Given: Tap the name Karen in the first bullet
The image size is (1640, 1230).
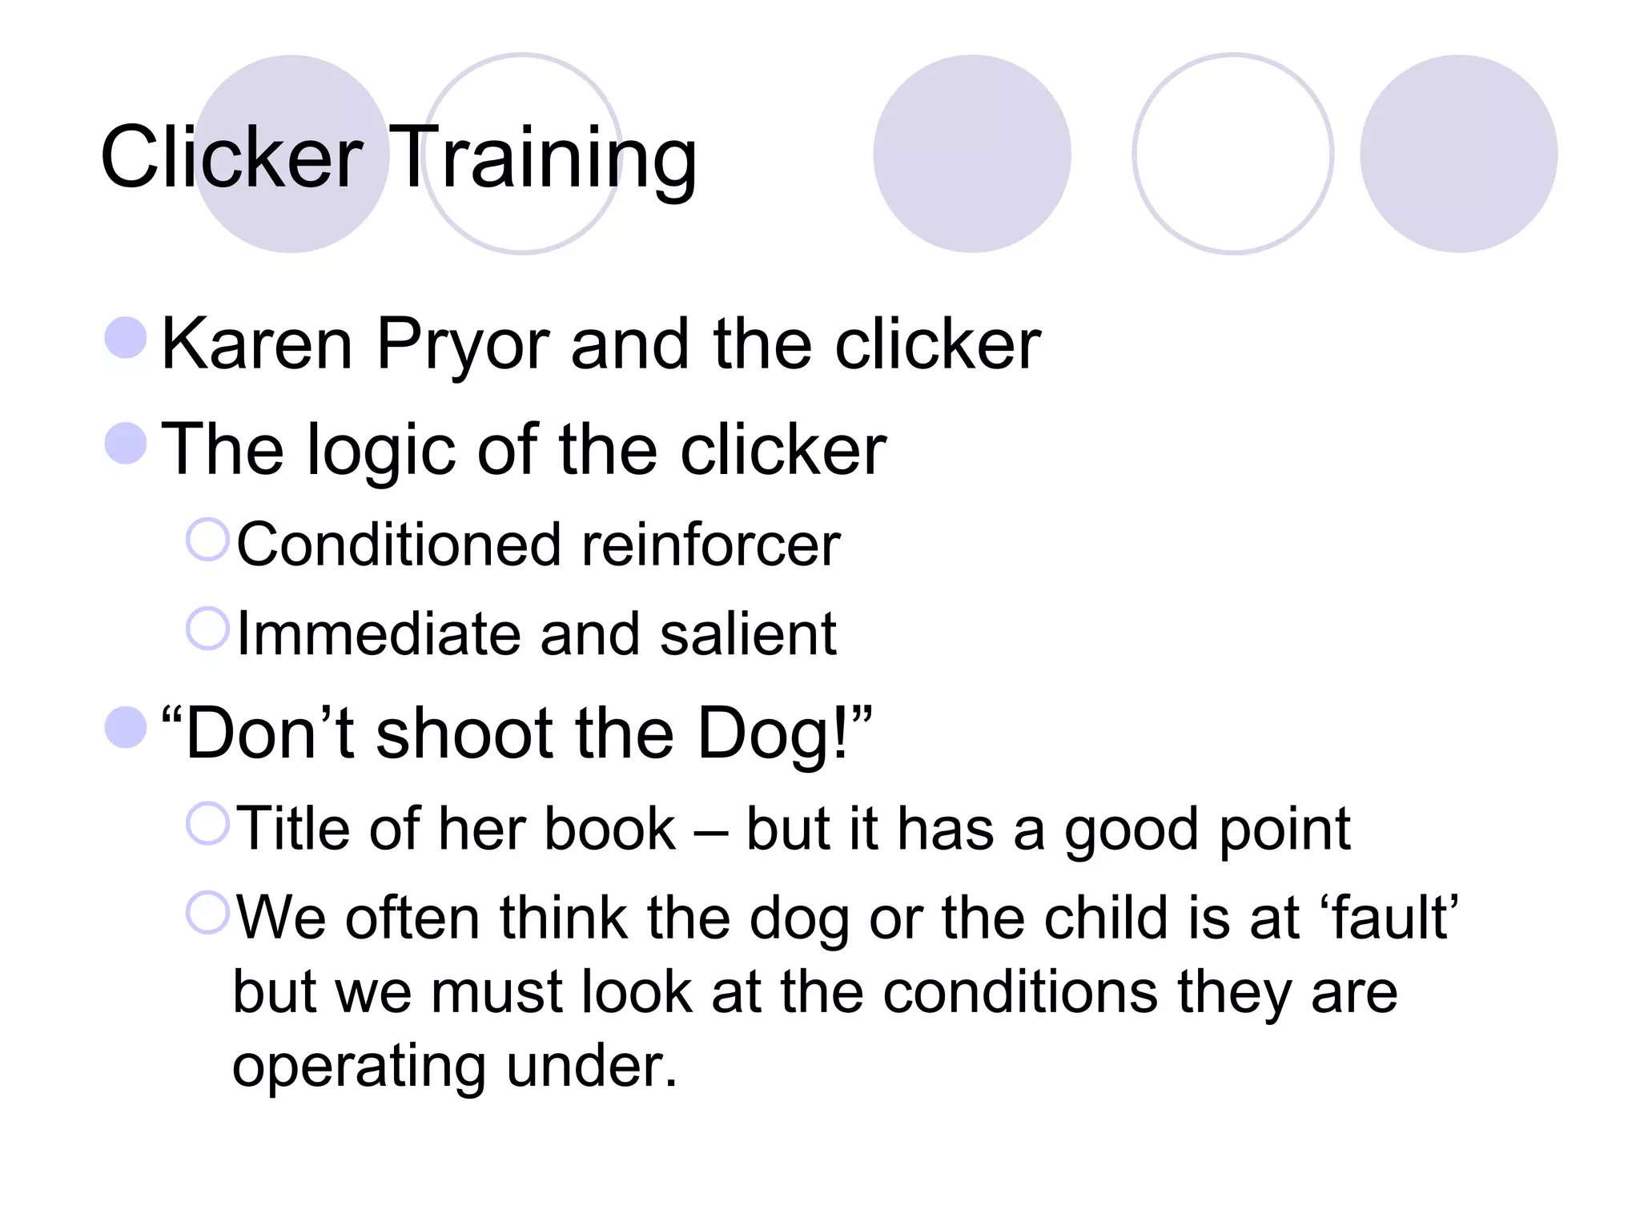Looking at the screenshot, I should (x=256, y=344).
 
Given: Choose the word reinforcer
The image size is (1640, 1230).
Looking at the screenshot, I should (x=711, y=545).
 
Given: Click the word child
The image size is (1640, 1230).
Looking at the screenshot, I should (x=1106, y=918).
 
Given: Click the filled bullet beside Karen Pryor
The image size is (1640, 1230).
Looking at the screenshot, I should (x=126, y=337).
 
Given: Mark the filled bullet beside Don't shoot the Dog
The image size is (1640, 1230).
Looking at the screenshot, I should (x=126, y=727).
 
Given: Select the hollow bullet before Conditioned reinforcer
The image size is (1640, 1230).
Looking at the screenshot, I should (x=207, y=539).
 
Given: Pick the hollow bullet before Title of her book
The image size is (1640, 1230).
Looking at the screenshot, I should (x=207, y=822).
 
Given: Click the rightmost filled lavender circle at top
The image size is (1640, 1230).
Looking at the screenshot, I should (x=1458, y=154).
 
